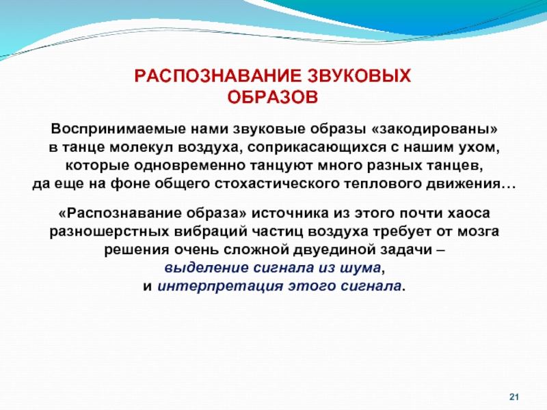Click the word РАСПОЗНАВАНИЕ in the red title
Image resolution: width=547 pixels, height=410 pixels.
point(217,76)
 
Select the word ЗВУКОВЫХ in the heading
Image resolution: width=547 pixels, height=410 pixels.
point(359,76)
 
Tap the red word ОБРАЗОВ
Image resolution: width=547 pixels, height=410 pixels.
point(273,97)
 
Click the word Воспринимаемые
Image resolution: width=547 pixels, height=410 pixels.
point(118,129)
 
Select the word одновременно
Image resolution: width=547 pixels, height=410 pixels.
point(189,165)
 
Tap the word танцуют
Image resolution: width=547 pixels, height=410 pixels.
point(281,166)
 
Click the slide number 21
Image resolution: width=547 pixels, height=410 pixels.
point(514,397)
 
